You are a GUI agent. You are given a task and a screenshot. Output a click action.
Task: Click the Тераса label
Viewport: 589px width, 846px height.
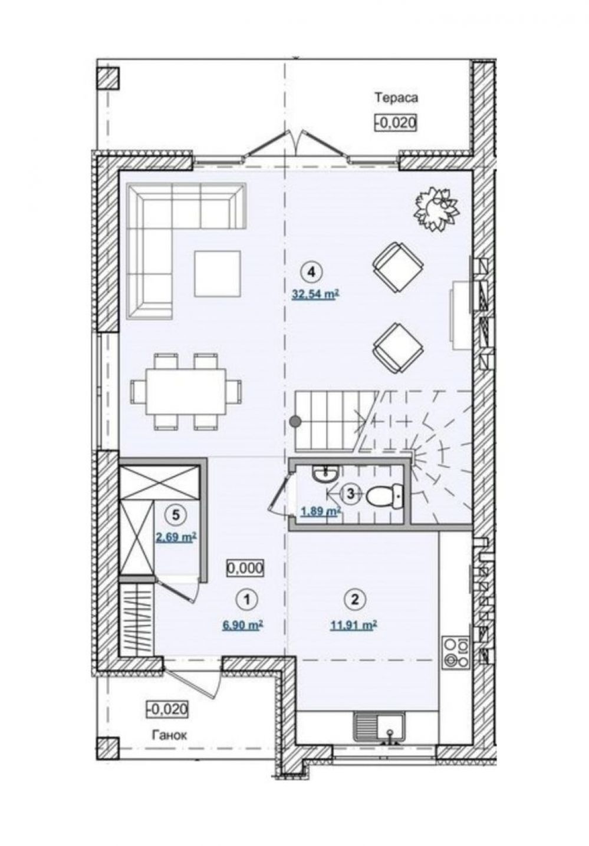point(396,98)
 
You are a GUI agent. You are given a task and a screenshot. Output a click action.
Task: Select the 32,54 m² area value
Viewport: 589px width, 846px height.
point(314,294)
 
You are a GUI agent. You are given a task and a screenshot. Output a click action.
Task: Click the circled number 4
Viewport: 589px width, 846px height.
point(311,272)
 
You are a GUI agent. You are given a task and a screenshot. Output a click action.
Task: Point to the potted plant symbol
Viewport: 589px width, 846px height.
point(437,209)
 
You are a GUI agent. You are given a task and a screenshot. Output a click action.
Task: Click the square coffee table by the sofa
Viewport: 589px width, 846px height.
point(218,273)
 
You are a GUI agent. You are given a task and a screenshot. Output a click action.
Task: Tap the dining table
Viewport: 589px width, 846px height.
point(186,392)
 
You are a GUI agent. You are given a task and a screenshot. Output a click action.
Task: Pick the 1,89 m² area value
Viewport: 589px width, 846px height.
point(321,511)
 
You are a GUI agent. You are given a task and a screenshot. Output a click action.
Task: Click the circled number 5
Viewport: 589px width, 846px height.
point(176,514)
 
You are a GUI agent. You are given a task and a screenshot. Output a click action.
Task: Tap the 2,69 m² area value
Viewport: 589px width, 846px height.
point(176,537)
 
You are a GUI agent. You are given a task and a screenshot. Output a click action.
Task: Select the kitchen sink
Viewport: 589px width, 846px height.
point(380,718)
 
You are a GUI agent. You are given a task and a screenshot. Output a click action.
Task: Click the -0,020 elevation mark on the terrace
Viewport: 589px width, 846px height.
point(396,123)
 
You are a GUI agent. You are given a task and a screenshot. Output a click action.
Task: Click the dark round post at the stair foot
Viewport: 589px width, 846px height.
point(295,421)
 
